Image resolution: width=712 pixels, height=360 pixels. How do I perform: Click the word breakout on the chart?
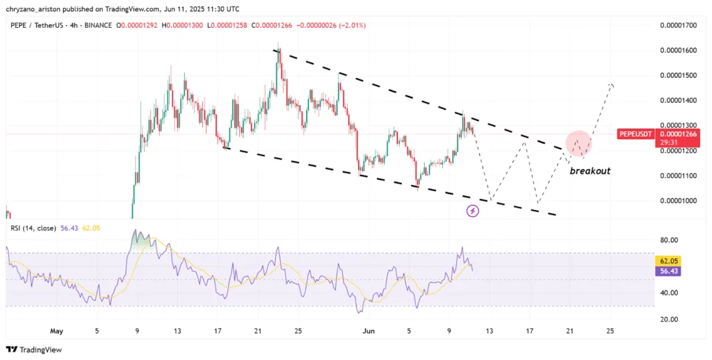pyautogui.click(x=590, y=170)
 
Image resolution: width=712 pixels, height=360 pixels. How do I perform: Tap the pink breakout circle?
pyautogui.click(x=579, y=142)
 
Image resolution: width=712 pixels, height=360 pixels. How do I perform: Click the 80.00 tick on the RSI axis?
pyautogui.click(x=669, y=240)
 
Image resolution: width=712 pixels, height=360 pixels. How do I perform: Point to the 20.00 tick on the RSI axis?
pyautogui.click(x=669, y=319)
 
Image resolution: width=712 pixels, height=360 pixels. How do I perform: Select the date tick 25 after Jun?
pyautogui.click(x=610, y=331)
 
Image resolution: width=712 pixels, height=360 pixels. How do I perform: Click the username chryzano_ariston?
pyautogui.click(x=35, y=8)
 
